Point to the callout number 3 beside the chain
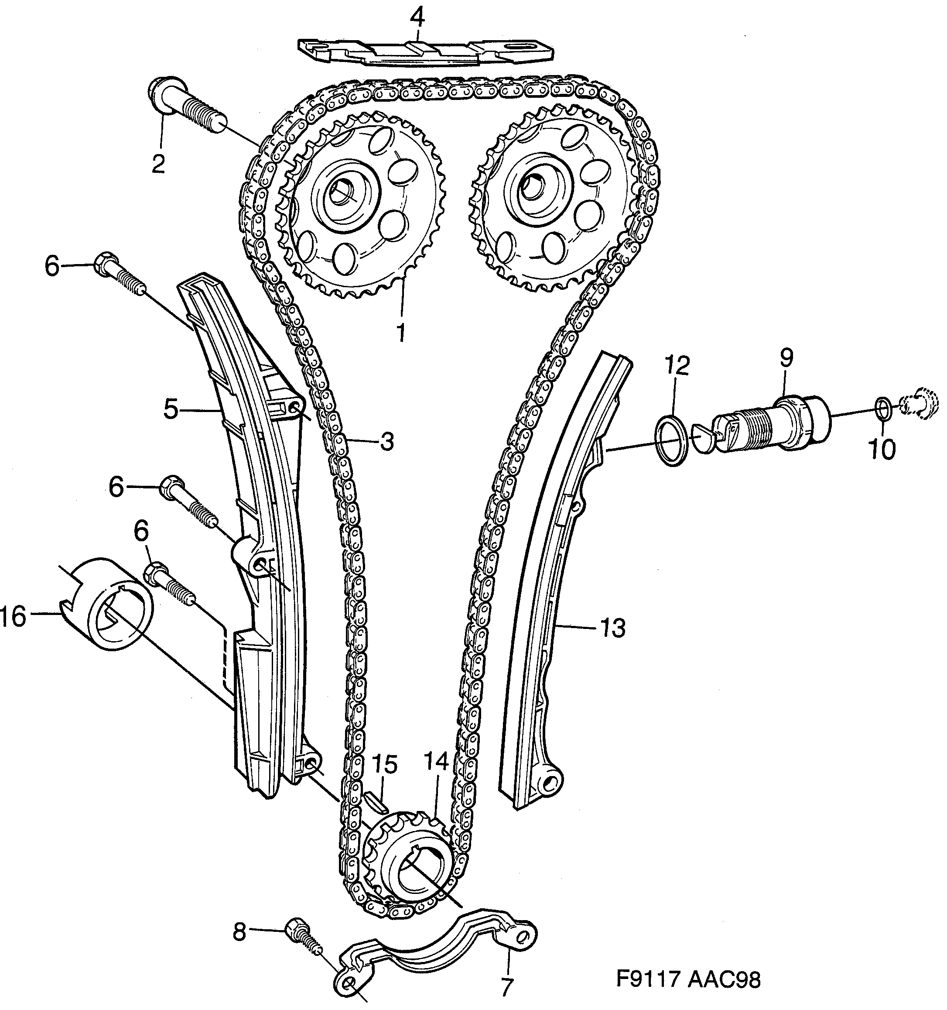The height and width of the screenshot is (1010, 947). pos(387,442)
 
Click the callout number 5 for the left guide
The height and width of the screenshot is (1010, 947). pos(171,409)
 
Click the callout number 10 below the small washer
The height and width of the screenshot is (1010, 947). pos(882,449)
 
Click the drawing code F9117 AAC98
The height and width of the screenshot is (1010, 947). pos(688,979)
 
